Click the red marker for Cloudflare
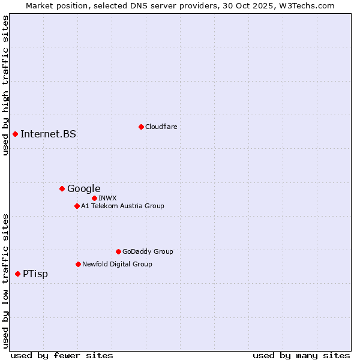(x=141, y=127)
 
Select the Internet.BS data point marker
(x=15, y=134)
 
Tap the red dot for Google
(x=62, y=189)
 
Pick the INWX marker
(x=94, y=198)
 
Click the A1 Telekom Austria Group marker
(x=77, y=206)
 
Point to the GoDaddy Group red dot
(x=118, y=252)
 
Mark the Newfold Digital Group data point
(x=78, y=265)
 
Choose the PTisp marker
(x=17, y=274)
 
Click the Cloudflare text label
(x=161, y=127)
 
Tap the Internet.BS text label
(x=48, y=134)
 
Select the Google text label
(x=83, y=189)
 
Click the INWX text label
(x=107, y=198)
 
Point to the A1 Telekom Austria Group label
(x=122, y=206)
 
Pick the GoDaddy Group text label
(x=148, y=252)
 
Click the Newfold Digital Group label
(x=117, y=265)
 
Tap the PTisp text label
(x=35, y=274)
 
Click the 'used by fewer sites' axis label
(x=62, y=355)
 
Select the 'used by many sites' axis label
(x=301, y=355)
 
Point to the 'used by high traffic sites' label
(x=5, y=85)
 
